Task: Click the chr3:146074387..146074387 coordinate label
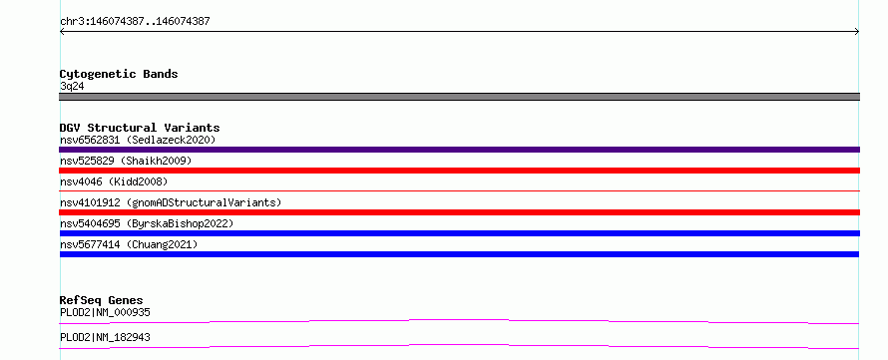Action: click(x=135, y=22)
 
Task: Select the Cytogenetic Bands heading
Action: click(x=119, y=74)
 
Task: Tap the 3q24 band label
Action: click(x=72, y=87)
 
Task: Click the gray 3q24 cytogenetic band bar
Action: click(x=459, y=97)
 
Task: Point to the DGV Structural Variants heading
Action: click(x=140, y=128)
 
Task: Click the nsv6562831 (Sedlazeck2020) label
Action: click(x=138, y=140)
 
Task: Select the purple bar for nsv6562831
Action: click(x=459, y=150)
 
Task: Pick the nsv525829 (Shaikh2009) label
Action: click(x=126, y=161)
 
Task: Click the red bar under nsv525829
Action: click(x=459, y=171)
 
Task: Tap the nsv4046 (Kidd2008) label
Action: click(x=114, y=181)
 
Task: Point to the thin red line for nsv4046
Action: click(x=459, y=191)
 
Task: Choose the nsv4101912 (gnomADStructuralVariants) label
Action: click(x=171, y=202)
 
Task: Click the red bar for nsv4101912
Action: click(x=459, y=212)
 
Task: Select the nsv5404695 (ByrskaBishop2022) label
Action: click(x=147, y=223)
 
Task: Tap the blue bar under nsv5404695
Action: click(x=459, y=233)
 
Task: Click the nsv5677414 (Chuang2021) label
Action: click(x=129, y=244)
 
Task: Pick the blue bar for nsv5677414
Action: click(x=459, y=254)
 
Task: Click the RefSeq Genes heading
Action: click(x=102, y=300)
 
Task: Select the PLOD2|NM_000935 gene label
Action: click(x=105, y=312)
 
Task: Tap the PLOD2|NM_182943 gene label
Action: click(x=105, y=337)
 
